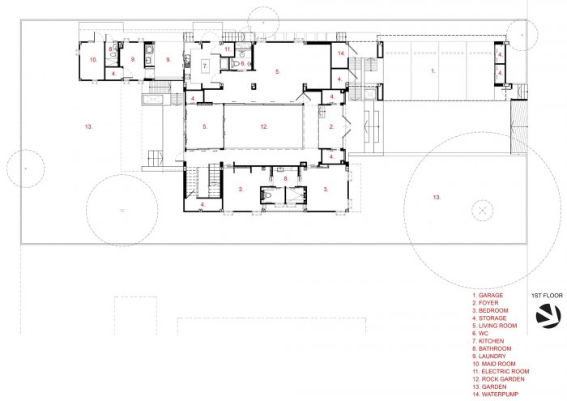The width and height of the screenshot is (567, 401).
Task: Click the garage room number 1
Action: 433,71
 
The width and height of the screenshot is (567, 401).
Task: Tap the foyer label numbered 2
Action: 332,126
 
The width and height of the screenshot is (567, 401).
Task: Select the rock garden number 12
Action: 264,126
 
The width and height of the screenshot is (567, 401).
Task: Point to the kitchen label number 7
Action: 205,66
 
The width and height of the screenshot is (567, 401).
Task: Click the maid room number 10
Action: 93,60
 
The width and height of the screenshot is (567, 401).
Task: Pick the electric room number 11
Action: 228,49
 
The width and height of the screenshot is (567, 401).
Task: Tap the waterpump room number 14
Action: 341,53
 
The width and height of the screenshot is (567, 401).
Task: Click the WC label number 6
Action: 243,63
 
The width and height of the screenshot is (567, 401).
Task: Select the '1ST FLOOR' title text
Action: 547,296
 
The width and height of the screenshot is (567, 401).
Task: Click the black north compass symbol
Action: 548,316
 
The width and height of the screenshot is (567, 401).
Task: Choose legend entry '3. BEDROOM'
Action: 490,310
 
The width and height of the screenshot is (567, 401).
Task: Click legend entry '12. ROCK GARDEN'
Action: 498,379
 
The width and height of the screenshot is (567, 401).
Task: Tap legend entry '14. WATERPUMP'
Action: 495,395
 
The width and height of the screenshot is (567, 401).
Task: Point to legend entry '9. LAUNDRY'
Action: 489,356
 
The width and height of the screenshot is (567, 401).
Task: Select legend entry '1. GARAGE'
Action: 488,296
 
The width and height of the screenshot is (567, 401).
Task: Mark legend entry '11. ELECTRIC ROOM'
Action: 501,372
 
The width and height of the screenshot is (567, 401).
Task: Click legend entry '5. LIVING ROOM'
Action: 494,326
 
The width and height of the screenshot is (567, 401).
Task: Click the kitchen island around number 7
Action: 205,66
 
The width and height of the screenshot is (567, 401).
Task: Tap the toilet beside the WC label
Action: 236,64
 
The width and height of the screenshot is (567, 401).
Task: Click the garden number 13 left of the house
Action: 89,126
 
